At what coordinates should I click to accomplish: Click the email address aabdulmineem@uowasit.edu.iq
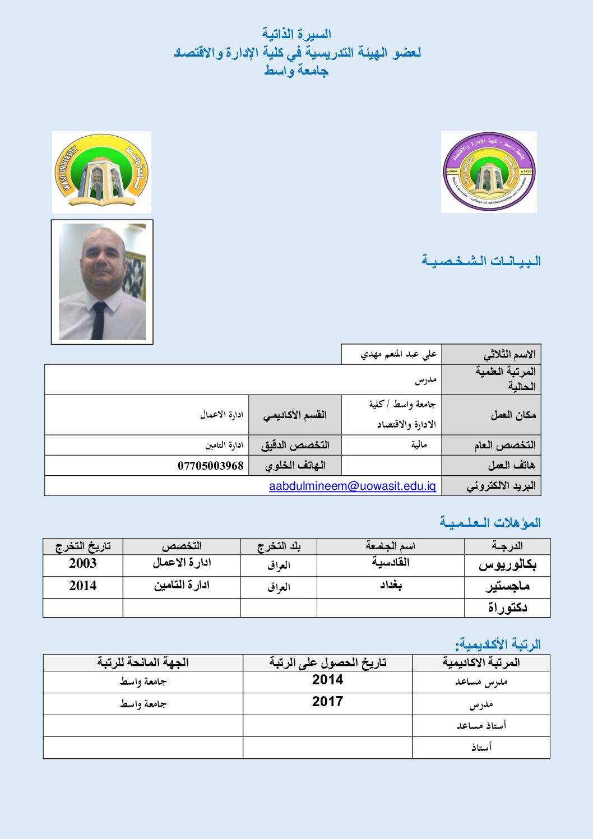coord(352,486)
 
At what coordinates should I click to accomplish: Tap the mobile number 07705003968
coord(211,466)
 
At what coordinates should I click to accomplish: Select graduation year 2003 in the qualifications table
coord(82,564)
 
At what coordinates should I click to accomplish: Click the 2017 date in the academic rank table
coord(327,702)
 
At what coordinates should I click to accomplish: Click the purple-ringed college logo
coord(489,172)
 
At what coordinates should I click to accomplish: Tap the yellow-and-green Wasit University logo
coord(101,172)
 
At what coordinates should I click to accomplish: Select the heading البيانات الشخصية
coord(481,261)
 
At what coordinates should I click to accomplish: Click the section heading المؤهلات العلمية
coord(490,523)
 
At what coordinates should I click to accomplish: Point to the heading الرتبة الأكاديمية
coord(498,644)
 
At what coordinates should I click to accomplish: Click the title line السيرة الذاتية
coord(296,35)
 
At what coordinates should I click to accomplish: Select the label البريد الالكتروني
coord(501,486)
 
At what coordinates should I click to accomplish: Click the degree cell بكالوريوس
coord(507,565)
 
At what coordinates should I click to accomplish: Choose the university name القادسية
coord(391,563)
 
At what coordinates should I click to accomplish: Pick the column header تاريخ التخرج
coord(83,546)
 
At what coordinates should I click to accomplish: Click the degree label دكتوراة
coord(507,608)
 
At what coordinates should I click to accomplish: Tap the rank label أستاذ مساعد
coord(481,726)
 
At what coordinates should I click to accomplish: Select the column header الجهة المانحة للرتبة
coord(143,662)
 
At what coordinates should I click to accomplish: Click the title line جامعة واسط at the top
coord(296,71)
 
